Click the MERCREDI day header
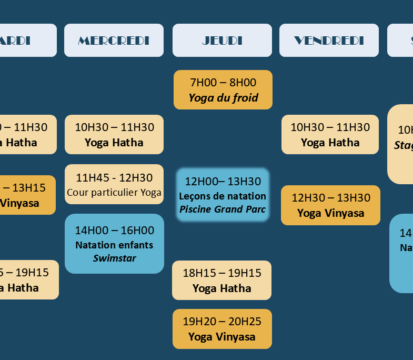click(x=114, y=40)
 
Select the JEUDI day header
click(x=222, y=40)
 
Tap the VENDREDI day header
click(x=329, y=40)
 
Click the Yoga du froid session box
click(x=222, y=90)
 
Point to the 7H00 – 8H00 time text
click(x=222, y=82)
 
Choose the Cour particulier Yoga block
click(x=114, y=184)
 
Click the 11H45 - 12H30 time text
click(x=114, y=177)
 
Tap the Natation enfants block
click(x=114, y=243)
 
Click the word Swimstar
click(x=114, y=257)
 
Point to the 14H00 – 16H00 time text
click(x=114, y=229)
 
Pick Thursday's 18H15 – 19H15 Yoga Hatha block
click(x=222, y=279)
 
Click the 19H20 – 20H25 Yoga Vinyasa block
click(x=222, y=329)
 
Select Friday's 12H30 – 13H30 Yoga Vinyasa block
click(x=329, y=205)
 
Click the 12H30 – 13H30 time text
click(x=329, y=197)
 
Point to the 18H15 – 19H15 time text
click(x=222, y=271)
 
